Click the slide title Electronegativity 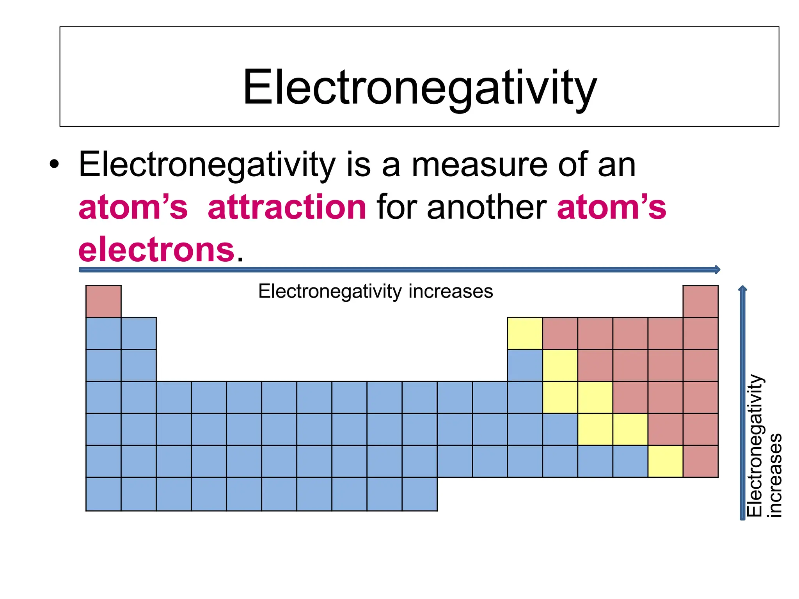point(419,87)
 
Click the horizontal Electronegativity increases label point(375,291)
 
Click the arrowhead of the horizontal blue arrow point(717,269)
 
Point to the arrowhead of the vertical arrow point(742,289)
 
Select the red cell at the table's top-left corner point(103,301)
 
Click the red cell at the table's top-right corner point(700,301)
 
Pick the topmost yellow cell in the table point(525,333)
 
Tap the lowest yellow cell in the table point(665,461)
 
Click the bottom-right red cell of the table point(700,461)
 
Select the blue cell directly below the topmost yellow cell point(525,365)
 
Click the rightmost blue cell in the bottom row point(419,494)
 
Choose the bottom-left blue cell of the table point(103,494)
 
